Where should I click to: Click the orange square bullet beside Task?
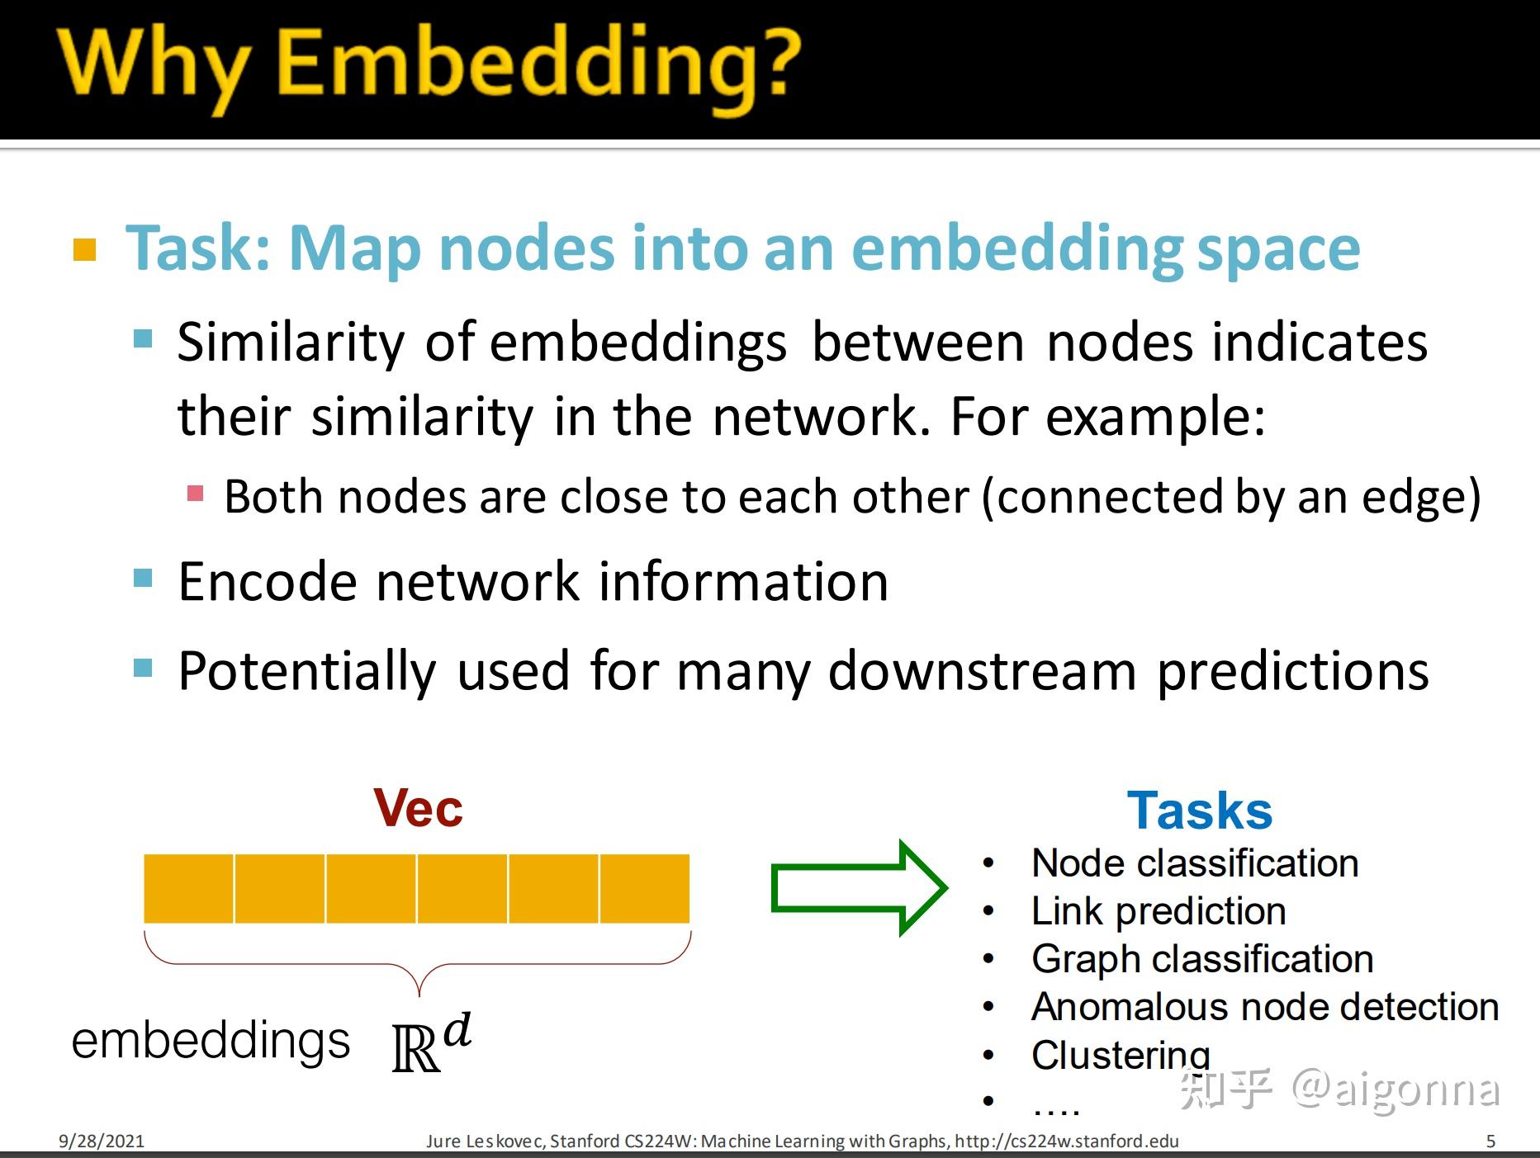pyautogui.click(x=85, y=249)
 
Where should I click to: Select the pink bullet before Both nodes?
pyautogui.click(x=196, y=494)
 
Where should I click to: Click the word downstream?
pyautogui.click(x=982, y=670)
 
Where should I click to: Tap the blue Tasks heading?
pyautogui.click(x=1199, y=811)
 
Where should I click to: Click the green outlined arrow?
pyautogui.click(x=859, y=888)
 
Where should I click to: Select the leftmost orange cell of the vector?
pyautogui.click(x=189, y=889)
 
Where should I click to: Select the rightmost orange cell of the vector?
pyautogui.click(x=645, y=889)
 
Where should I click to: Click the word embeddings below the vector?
pyautogui.click(x=211, y=1041)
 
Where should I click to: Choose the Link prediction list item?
pyautogui.click(x=1159, y=911)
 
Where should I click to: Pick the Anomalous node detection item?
pyautogui.click(x=1264, y=1007)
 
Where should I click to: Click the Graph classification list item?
pyautogui.click(x=1202, y=959)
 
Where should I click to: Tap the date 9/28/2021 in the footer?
pyautogui.click(x=101, y=1141)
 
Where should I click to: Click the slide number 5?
pyautogui.click(x=1490, y=1141)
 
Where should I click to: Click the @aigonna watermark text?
pyautogui.click(x=1395, y=1089)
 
